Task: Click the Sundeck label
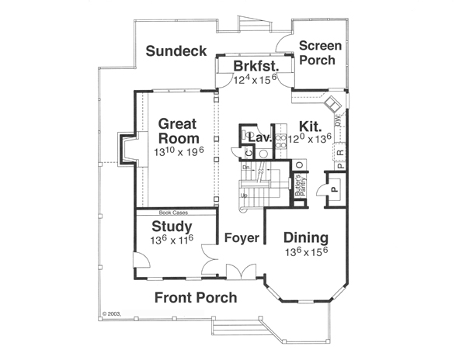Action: tap(176, 51)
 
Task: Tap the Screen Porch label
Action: tap(317, 52)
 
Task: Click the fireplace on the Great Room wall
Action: tap(126, 149)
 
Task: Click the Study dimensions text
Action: tap(172, 240)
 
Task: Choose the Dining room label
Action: tap(304, 237)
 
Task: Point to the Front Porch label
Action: tap(196, 298)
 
